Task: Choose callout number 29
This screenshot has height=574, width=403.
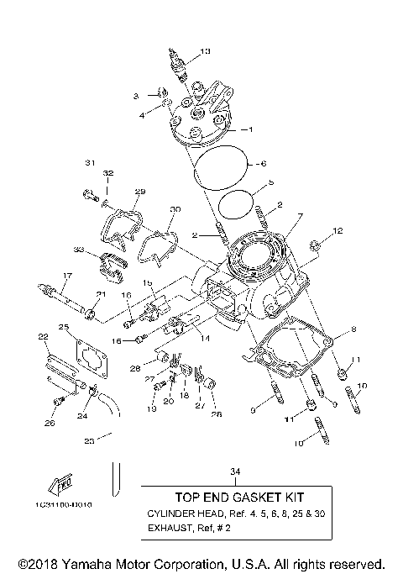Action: point(139,192)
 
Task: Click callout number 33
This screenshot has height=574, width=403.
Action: point(78,250)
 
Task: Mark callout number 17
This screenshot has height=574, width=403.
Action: point(66,276)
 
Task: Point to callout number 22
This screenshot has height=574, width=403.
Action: point(43,336)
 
